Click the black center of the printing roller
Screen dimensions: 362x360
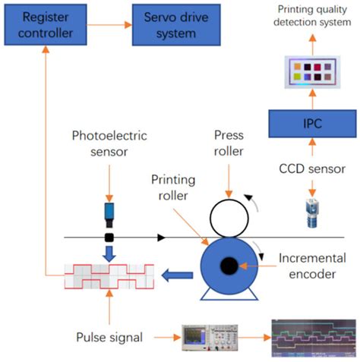[x=226, y=265]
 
